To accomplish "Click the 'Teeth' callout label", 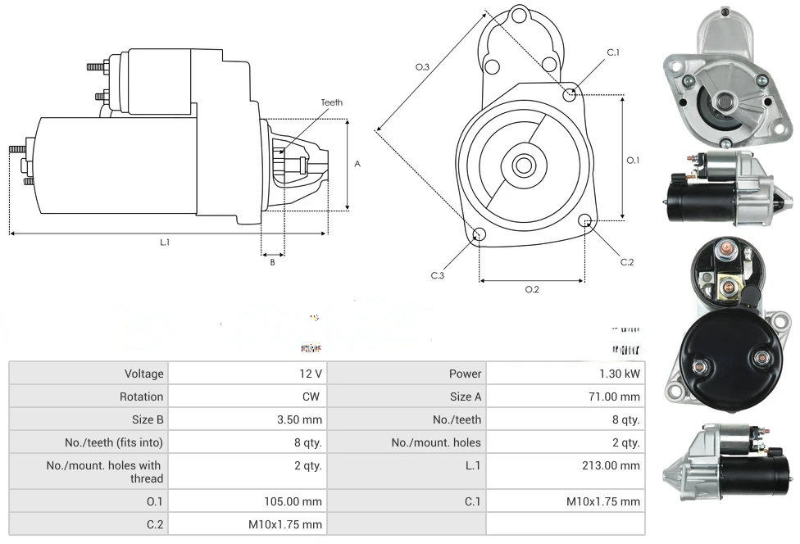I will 331,102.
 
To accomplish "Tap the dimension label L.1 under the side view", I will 165,242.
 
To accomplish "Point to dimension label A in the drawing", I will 357,164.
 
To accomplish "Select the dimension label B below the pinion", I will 273,262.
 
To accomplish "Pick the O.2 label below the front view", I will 532,289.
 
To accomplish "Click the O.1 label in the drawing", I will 633,161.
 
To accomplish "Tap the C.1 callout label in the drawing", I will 613,53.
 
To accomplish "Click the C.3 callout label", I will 438,275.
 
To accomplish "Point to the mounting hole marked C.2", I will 585,220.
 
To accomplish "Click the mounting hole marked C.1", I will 570,94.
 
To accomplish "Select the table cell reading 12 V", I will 311,374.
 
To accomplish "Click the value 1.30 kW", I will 620,374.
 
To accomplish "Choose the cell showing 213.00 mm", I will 612,465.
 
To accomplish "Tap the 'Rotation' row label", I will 142,397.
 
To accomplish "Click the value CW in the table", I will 314,397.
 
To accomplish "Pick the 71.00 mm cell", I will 616,397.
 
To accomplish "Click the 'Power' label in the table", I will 465,374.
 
